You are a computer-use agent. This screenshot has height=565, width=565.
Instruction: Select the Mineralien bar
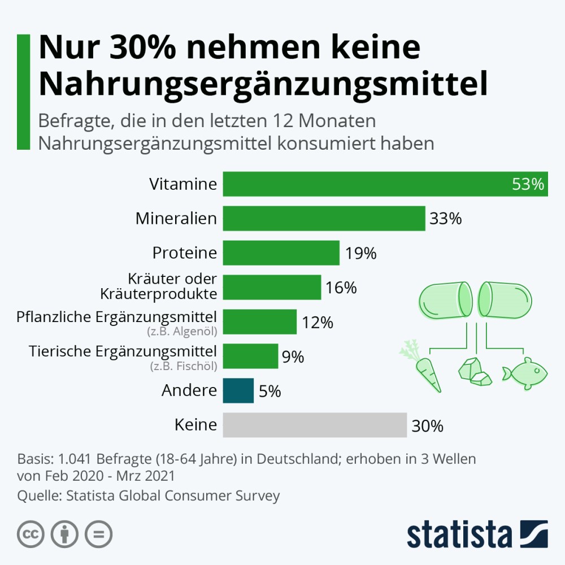click(324, 218)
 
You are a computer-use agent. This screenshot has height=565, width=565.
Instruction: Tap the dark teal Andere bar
click(238, 390)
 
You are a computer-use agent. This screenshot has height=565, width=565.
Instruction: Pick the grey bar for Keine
click(315, 425)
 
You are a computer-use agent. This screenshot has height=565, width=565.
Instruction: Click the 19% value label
click(360, 253)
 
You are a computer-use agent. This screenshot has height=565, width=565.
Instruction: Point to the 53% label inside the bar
click(528, 184)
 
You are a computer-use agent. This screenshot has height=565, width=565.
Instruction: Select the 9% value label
click(293, 357)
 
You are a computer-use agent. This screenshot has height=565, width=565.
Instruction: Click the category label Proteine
click(184, 253)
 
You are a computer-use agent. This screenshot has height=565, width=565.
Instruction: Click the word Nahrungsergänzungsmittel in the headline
click(263, 84)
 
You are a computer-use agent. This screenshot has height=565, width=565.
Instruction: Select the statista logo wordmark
click(459, 534)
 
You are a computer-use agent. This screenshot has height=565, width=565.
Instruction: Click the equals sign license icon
click(98, 534)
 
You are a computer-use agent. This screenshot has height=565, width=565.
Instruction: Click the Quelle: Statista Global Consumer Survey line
click(149, 496)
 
